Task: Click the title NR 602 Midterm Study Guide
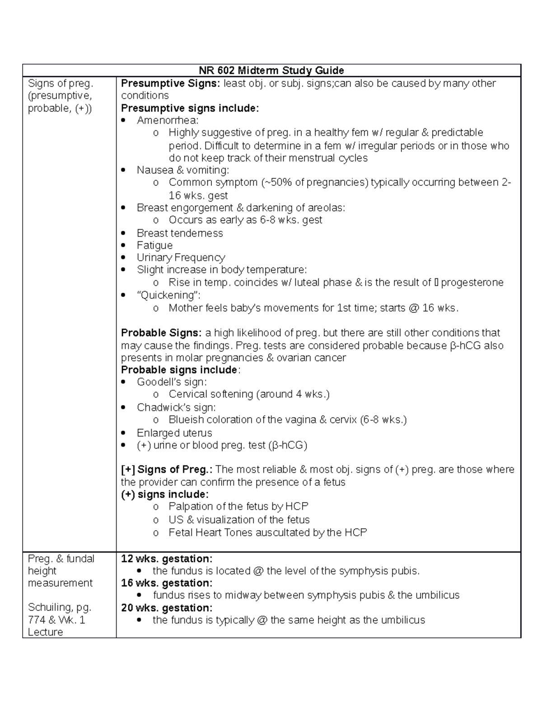(x=271, y=71)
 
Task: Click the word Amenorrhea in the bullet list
(x=167, y=120)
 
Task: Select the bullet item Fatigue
(x=154, y=245)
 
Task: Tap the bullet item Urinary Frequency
(x=181, y=258)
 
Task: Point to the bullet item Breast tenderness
(x=180, y=233)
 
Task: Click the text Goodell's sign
(x=172, y=382)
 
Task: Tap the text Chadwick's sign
(x=176, y=407)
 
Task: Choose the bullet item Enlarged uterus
(x=174, y=433)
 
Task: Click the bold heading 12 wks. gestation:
(x=166, y=559)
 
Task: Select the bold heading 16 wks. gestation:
(x=166, y=583)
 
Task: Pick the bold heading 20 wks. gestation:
(x=166, y=608)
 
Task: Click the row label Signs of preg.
(x=60, y=84)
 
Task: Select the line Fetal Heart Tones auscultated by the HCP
(x=267, y=532)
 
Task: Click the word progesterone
(x=472, y=283)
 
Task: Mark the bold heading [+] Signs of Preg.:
(x=167, y=470)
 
